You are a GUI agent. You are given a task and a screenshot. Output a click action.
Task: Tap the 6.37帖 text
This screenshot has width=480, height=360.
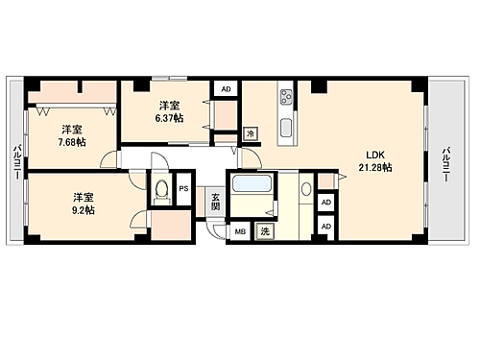(168, 118)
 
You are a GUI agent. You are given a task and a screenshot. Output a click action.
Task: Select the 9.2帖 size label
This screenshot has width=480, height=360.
(82, 207)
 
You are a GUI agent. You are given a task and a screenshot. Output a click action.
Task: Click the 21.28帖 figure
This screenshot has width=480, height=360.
(375, 167)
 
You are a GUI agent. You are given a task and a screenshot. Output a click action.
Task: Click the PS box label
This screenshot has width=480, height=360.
(183, 189)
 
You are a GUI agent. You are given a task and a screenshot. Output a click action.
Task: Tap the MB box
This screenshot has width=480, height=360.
(239, 231)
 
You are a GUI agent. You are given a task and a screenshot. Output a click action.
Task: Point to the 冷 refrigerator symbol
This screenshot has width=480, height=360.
(250, 133)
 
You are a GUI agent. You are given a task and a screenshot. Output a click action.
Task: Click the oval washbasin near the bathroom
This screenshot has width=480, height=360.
(305, 190)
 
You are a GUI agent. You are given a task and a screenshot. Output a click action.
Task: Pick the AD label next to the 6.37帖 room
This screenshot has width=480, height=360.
(227, 89)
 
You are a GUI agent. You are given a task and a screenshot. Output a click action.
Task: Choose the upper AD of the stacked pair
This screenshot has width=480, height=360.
(326, 203)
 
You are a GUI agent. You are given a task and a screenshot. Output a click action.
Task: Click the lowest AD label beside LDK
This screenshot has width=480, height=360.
(326, 226)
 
